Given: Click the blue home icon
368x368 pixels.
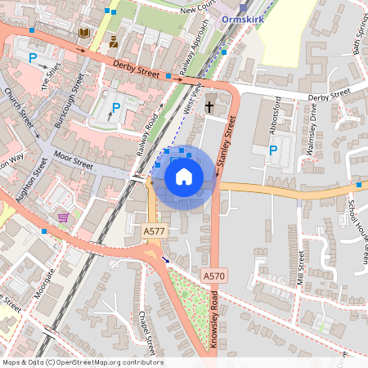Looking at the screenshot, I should [184, 176].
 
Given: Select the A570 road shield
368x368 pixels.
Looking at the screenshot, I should [213, 276].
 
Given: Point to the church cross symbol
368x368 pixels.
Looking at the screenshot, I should [209, 106].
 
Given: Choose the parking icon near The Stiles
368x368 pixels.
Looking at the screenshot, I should [34, 58].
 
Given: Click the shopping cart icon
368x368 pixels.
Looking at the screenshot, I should [63, 217].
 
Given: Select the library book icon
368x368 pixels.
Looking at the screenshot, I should [83, 33].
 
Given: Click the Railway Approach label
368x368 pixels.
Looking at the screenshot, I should [200, 49].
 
